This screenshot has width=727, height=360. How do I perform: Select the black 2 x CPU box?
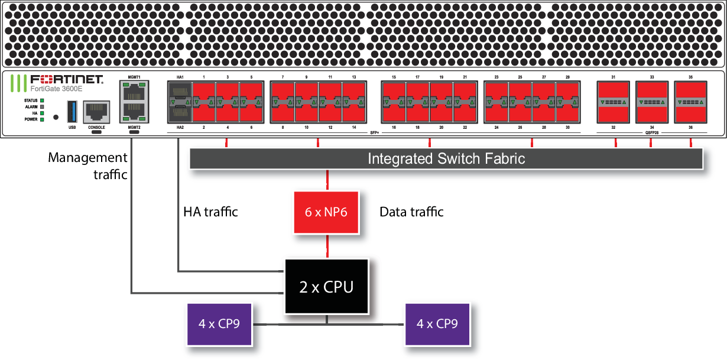coord(326,287)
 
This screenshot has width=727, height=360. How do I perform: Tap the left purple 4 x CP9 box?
coord(219,324)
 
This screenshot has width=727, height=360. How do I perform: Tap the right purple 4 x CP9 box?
coord(437,324)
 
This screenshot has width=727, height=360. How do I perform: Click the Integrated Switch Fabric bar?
coord(446,159)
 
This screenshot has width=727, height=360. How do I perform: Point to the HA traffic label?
coord(211,212)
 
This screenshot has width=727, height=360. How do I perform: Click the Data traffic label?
coord(411,212)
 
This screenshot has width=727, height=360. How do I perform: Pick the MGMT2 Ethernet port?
coord(133,111)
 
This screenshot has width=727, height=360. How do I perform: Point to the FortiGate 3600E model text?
coord(57,88)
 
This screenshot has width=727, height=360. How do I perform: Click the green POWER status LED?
coord(42,119)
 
